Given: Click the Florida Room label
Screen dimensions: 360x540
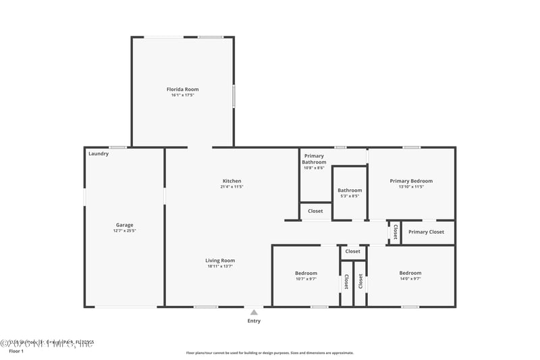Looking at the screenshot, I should pos(182,89).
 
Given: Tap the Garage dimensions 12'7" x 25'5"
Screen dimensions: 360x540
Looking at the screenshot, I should pos(124,231).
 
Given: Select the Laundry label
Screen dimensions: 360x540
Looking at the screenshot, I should pos(99,154).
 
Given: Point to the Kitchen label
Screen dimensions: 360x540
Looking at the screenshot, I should pos(232,181).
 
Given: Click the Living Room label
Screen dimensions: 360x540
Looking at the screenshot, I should pos(220,260).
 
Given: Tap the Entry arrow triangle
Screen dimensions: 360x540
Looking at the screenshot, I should pos(254,312).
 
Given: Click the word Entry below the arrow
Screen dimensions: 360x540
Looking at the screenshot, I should pos(254,321).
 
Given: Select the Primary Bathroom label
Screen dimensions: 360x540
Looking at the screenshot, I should pos(314,159).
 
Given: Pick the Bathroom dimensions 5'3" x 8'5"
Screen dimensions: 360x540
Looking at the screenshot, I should pos(350,197).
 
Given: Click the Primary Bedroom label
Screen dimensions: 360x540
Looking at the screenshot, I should pos(411,181).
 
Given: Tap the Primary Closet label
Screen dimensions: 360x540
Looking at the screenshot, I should pos(426,232).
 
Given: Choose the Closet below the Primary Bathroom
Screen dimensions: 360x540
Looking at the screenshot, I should pos(315,211).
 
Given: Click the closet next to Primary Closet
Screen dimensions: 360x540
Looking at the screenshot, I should pos(395,232).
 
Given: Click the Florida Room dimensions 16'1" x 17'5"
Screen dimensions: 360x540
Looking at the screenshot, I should pos(182,95).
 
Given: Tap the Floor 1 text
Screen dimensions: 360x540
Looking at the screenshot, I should pos(16,351).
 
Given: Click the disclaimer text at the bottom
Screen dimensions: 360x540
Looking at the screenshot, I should pos(269,353).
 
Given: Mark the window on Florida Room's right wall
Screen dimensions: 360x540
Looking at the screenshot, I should pos(234,95).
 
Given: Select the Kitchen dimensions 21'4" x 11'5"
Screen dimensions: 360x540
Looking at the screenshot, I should pos(232,187).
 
